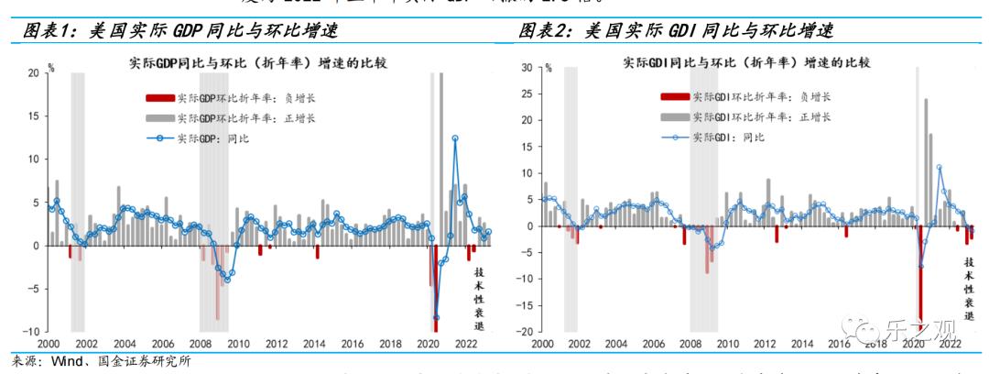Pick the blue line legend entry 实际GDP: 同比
[212, 137]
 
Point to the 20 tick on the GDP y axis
[33, 72]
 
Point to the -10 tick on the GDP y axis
[31, 331]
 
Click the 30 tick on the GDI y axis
[527, 67]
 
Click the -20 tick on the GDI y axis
[526, 332]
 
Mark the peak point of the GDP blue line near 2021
[455, 138]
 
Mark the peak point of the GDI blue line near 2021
[939, 168]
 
